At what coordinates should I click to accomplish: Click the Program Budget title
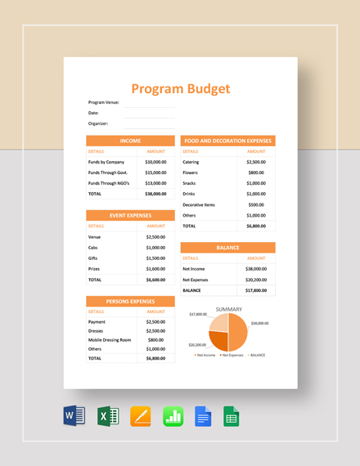click(x=181, y=89)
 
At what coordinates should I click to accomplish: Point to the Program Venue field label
click(x=104, y=102)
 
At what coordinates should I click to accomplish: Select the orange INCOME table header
click(x=130, y=141)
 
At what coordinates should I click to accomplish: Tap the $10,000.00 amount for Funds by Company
click(x=155, y=162)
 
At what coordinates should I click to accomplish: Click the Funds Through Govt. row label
click(x=108, y=173)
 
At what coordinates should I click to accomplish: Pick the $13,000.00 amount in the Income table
click(x=155, y=183)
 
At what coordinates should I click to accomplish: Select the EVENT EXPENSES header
click(x=130, y=215)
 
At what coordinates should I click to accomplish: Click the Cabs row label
click(x=93, y=247)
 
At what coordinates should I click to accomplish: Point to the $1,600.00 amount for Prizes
click(x=155, y=268)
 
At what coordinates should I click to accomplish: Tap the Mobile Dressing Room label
click(x=110, y=339)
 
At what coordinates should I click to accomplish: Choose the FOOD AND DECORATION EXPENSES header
click(x=228, y=141)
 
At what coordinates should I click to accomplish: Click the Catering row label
click(x=191, y=162)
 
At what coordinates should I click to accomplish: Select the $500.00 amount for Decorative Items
click(x=256, y=204)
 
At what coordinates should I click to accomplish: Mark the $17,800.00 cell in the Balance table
click(x=256, y=289)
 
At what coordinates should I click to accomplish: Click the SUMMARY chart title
click(x=227, y=309)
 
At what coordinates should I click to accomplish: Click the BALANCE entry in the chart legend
click(x=257, y=356)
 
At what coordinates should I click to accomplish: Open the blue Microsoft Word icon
click(x=74, y=417)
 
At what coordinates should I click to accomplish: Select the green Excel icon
click(x=107, y=417)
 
